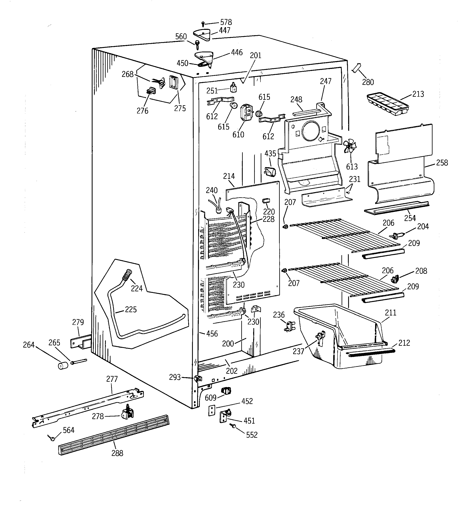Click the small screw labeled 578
pyautogui.click(x=203, y=24)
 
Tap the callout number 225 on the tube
pyautogui.click(x=131, y=309)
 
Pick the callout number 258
pyautogui.click(x=442, y=163)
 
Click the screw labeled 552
pyautogui.click(x=233, y=425)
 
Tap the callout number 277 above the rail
pyautogui.click(x=112, y=379)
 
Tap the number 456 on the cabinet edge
pyautogui.click(x=212, y=333)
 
